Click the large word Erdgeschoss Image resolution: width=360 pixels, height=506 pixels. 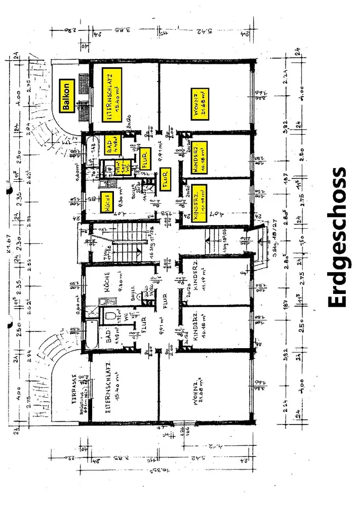337,238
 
